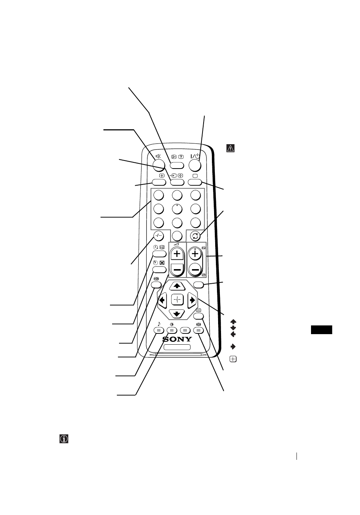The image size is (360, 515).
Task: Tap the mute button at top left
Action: [158, 166]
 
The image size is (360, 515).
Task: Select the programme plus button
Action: [195, 254]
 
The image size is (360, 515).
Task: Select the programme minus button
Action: [195, 269]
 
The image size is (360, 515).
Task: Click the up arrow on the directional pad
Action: [177, 285]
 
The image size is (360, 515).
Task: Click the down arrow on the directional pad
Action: [177, 313]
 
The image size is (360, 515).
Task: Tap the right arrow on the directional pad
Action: [192, 300]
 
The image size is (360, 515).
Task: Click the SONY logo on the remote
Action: [177, 340]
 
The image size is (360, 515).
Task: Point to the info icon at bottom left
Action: [64, 438]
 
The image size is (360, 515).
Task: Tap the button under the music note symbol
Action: [159, 331]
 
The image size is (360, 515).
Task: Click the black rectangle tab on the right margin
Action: [322, 330]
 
